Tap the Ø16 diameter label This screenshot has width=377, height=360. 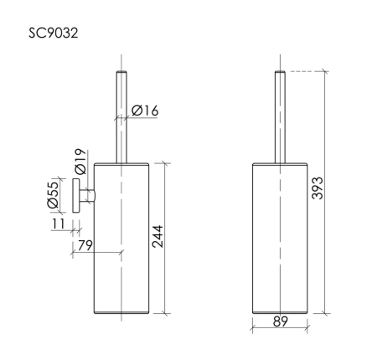[x=145, y=108]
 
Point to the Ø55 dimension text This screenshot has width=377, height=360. [x=53, y=194]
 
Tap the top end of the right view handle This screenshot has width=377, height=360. [x=281, y=75]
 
